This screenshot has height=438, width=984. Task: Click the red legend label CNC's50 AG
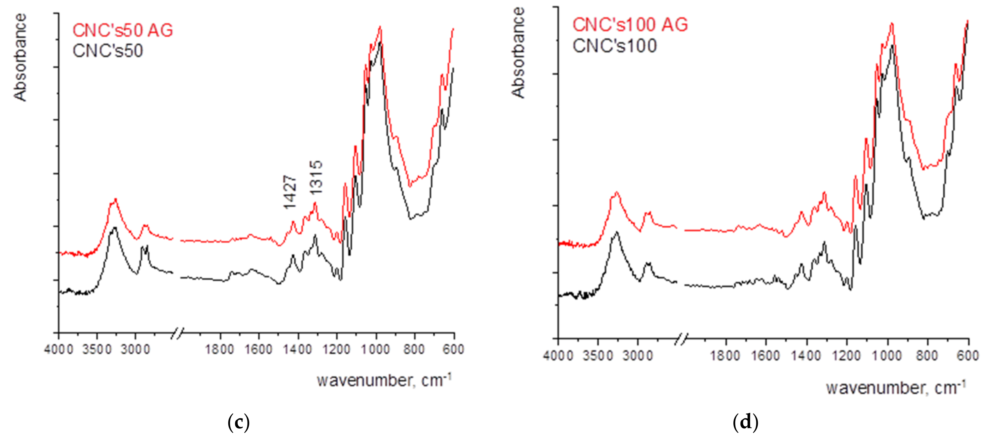pos(123,30)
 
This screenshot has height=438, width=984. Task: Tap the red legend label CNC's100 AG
pos(630,25)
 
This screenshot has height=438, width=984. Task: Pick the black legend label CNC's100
pos(615,46)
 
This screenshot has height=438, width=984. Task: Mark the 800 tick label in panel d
pos(927,356)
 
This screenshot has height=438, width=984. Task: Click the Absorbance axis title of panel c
pos(20,57)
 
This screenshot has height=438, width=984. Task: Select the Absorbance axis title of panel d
pos(518,53)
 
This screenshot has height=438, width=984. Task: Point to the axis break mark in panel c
pos(177,333)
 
